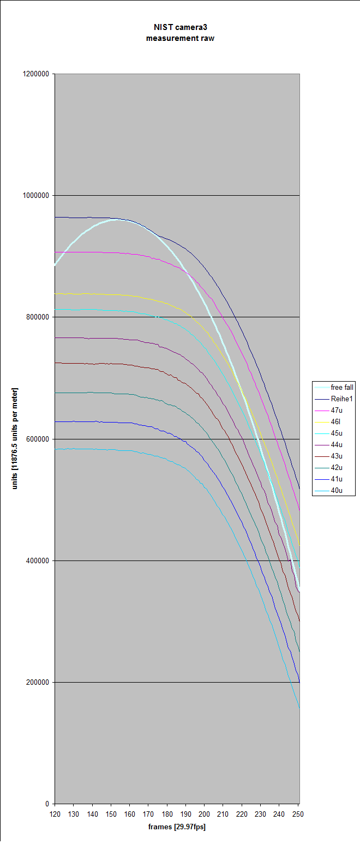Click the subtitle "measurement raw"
point(180,38)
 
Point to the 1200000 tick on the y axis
point(37,74)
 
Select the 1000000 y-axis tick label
point(37,196)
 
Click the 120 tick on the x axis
point(55,814)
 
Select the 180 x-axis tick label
point(167,814)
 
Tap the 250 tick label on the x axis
point(298,814)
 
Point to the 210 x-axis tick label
point(223,814)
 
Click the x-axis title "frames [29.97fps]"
point(177,827)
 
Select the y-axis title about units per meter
point(15,438)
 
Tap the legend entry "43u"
point(337,456)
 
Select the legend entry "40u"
point(337,491)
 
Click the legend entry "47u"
point(337,411)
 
